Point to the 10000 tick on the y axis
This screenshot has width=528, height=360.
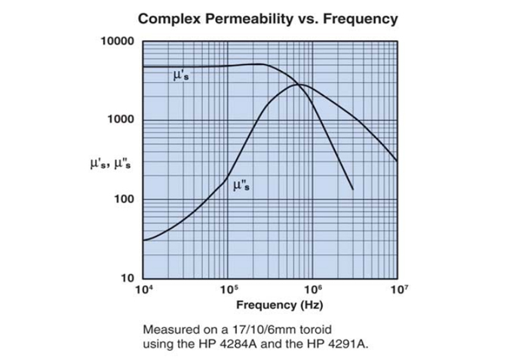click(117, 41)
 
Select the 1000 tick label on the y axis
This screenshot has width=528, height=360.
click(121, 120)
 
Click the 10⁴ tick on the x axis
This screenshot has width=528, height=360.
click(144, 289)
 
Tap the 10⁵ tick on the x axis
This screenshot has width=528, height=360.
click(228, 289)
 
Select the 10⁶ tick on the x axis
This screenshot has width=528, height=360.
click(312, 289)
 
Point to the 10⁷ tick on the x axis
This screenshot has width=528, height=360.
click(397, 289)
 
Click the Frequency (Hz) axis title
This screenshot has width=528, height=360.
click(270, 305)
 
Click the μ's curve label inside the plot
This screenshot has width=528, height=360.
click(180, 77)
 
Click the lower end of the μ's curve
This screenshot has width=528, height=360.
click(352, 189)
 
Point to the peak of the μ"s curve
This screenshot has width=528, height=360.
click(296, 84)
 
